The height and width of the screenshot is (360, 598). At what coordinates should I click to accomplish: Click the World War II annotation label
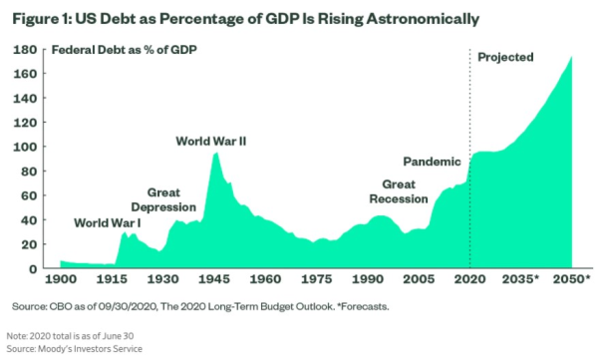pyautogui.click(x=211, y=141)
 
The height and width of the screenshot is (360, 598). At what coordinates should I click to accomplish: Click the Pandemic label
pyautogui.click(x=433, y=161)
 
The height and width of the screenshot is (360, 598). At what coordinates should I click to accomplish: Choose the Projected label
pyautogui.click(x=506, y=57)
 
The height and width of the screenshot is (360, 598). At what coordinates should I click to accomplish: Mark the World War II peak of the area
pyautogui.click(x=216, y=154)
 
